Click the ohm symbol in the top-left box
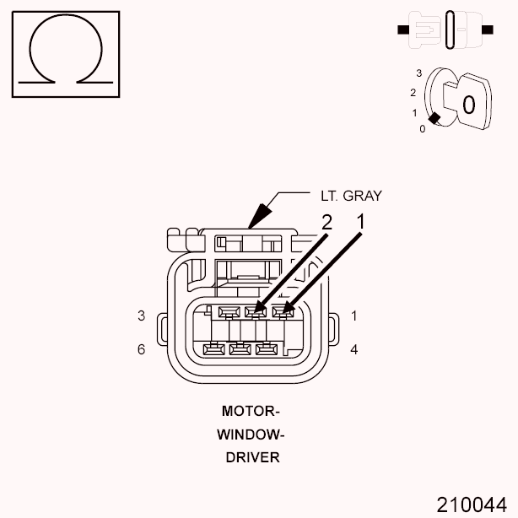pos(65,52)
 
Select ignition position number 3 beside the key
pos(418,73)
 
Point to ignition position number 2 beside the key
pos(413,92)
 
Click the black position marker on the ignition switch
pos(434,119)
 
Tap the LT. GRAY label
pos(351,196)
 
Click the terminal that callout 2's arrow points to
pos(252,312)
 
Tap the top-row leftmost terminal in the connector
pos(226,312)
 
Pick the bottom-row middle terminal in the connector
pos(240,348)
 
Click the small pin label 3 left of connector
pos(142,316)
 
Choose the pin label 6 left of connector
pos(142,348)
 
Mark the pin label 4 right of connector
pos(353,348)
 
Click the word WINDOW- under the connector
pos(251,434)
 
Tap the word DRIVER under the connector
pos(251,457)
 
